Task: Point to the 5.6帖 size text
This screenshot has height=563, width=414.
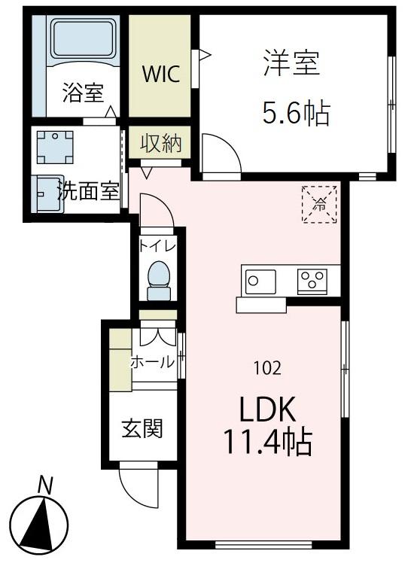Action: pos(296,114)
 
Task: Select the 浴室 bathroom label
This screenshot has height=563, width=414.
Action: pos(82,95)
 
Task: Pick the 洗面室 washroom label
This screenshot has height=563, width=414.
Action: pos(89,191)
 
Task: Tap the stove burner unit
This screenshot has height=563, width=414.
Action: pos(311,281)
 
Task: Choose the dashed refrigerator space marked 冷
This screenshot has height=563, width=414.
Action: pos(319,203)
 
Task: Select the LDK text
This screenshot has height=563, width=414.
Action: pos(269,411)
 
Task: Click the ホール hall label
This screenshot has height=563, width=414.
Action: pos(153,362)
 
